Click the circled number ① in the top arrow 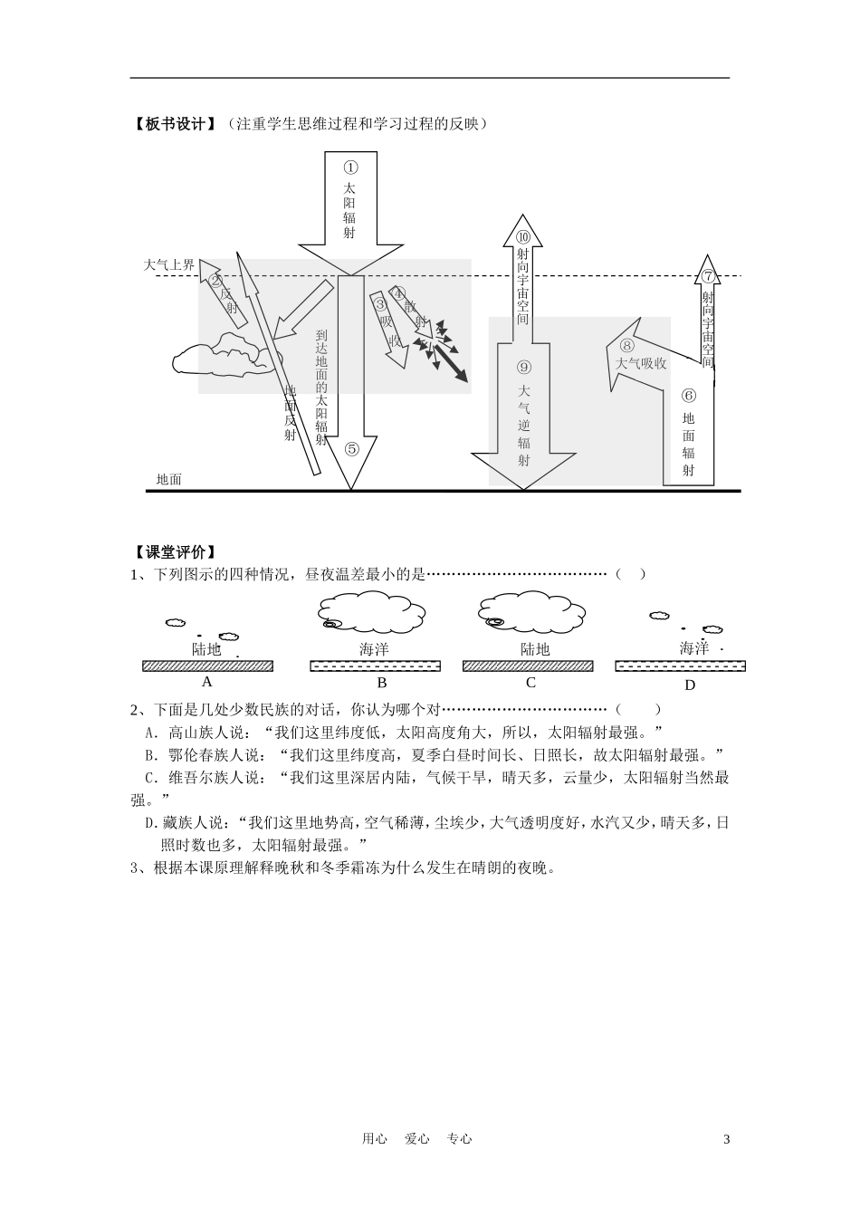350,168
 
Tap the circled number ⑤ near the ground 351,447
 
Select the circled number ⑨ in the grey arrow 524,368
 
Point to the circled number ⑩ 523,236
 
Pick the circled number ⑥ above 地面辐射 689,395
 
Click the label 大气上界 169,265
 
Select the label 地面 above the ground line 169,480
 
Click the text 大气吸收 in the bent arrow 641,363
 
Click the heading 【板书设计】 173,124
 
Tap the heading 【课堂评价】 173,553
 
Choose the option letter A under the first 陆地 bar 206,682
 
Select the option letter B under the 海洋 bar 382,683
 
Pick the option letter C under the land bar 530,683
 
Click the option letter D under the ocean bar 690,685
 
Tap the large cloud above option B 373,612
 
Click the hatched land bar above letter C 528,666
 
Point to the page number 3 726,1139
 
